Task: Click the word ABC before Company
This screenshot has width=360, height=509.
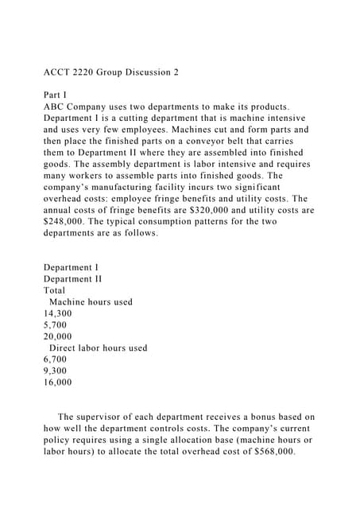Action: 56,107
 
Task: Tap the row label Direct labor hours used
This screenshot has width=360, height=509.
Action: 98,348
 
